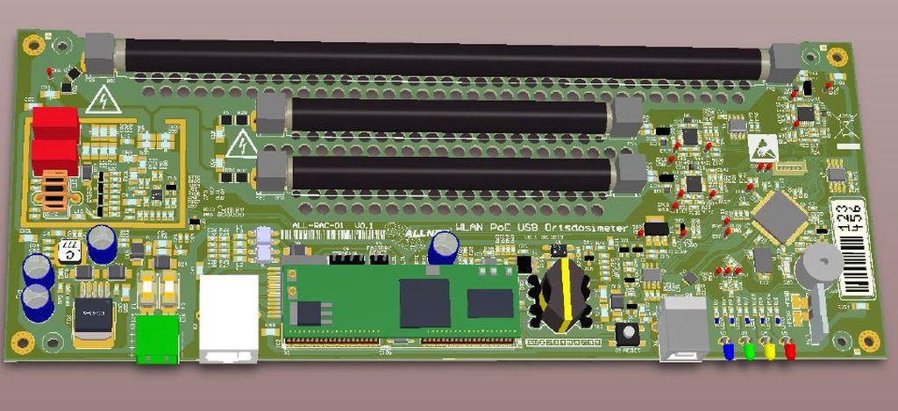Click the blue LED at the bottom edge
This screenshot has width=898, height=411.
[728, 351]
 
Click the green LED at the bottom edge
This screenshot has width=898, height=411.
[749, 351]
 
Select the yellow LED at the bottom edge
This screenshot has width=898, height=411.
[770, 351]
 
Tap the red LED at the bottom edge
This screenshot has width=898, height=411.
[790, 351]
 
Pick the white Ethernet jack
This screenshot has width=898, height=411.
[229, 319]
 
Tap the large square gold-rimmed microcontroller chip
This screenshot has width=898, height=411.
[780, 216]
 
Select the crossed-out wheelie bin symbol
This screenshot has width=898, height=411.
[845, 128]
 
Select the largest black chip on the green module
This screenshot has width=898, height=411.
[424, 303]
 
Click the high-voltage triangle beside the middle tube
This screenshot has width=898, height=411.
[240, 144]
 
